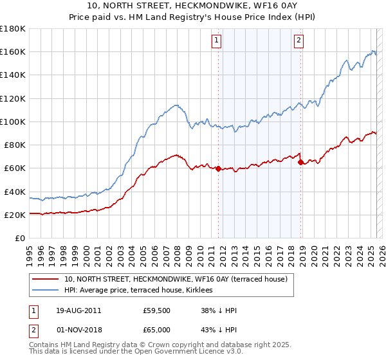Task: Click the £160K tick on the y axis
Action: (x=13, y=51)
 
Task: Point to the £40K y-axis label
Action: (x=15, y=192)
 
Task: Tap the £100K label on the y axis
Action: (x=13, y=122)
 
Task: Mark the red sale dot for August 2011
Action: (x=219, y=169)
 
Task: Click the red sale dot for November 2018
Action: (x=300, y=163)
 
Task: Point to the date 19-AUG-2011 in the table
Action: (x=78, y=311)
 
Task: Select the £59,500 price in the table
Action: (x=157, y=311)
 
